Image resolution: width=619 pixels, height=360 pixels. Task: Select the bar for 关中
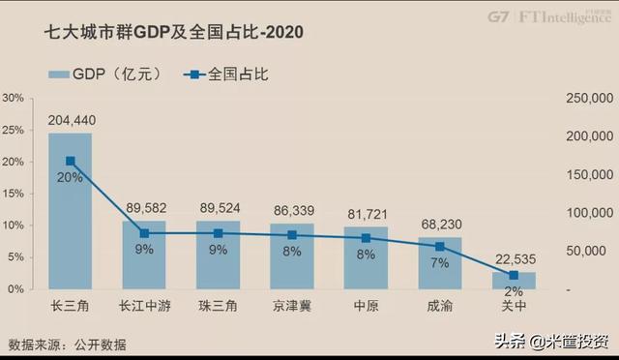click(x=514, y=281)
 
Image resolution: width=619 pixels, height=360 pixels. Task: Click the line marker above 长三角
click(x=71, y=162)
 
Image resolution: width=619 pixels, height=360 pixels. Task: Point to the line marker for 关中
click(x=514, y=276)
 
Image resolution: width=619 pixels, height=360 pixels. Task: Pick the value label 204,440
click(x=71, y=120)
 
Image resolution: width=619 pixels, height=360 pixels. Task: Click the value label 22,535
click(x=514, y=258)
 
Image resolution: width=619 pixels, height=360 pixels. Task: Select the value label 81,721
click(x=367, y=211)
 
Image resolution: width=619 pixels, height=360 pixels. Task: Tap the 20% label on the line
click(x=71, y=177)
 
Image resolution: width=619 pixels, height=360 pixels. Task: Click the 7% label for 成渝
click(x=440, y=262)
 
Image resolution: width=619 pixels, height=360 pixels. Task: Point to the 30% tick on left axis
click(x=15, y=99)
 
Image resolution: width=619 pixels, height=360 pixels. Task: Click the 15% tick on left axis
click(x=15, y=194)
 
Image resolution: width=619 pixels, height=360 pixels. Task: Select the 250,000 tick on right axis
click(x=589, y=99)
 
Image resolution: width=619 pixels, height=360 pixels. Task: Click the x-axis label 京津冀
click(x=292, y=307)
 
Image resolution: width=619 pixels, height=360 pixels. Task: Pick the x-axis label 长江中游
click(x=144, y=307)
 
